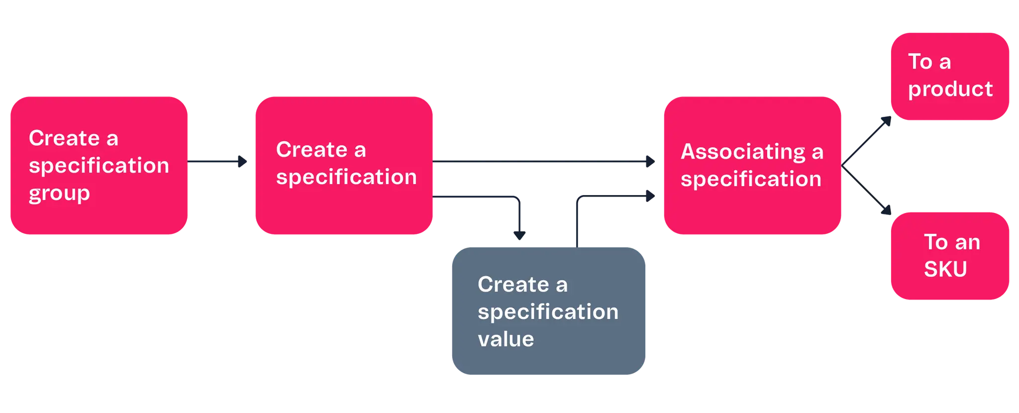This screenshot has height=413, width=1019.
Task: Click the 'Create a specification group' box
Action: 98,166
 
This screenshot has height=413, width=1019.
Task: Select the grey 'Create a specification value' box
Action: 548,311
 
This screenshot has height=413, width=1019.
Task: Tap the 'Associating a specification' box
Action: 751,166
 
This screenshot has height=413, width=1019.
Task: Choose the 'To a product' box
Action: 949,76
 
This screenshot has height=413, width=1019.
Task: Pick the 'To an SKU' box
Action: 949,256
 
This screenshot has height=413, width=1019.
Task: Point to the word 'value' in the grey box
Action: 506,339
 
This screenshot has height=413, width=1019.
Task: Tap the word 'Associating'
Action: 743,152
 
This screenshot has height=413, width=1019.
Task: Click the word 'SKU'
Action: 945,269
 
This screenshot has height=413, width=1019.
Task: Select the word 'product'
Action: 950,90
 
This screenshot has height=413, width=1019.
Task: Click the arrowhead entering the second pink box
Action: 242,162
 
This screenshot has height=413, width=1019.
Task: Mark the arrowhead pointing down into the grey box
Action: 520,235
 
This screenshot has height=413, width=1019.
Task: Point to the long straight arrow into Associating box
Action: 542,162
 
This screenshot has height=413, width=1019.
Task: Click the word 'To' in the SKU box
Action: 935,242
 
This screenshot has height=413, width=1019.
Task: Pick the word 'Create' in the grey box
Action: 513,285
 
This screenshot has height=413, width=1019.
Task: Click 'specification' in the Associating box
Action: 751,179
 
